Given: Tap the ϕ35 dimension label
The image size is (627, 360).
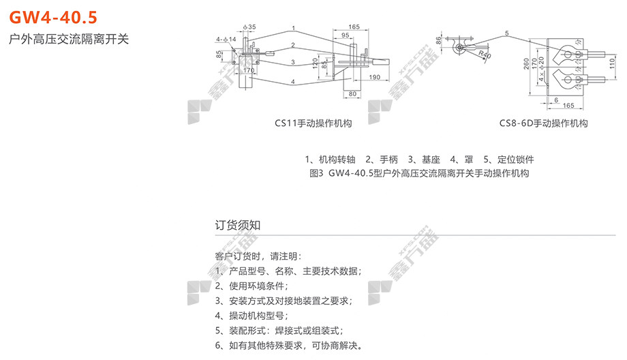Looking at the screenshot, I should tap(249, 27).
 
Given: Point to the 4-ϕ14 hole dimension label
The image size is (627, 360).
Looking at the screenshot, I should tap(226, 40).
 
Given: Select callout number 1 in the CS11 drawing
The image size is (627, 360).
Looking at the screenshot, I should tap(292, 29).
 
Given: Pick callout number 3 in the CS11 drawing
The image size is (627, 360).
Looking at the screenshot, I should tap(292, 62).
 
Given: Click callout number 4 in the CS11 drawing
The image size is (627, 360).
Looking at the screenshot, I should tap(292, 82).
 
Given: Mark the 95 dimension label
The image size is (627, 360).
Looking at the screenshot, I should tap(347, 35).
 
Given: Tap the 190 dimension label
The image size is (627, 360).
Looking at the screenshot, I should tap(374, 78).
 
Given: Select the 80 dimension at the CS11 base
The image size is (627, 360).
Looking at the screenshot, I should tap(352, 93).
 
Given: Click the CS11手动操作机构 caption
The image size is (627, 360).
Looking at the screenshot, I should tap(313, 123).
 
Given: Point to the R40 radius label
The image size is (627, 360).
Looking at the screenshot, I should tap(485, 54).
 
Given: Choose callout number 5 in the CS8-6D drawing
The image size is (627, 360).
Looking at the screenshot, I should tap(507, 33).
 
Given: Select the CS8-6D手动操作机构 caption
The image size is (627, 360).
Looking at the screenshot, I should tap(543, 123).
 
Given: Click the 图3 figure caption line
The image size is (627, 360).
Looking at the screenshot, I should tap(419, 173).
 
